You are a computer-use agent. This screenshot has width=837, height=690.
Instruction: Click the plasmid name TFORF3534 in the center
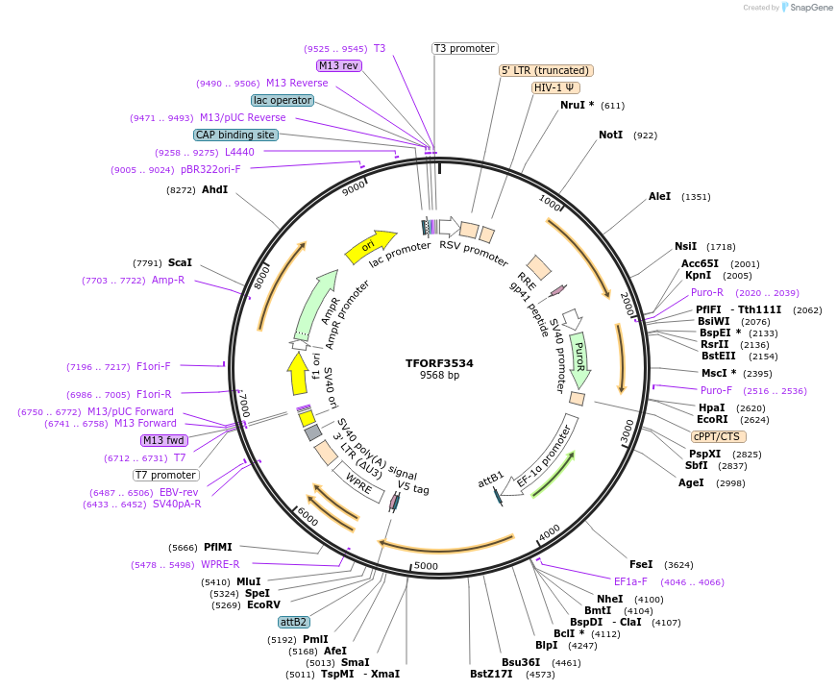439,363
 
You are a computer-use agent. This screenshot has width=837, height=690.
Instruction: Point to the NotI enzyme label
610,136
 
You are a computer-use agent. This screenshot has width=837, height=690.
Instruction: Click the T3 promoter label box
464,48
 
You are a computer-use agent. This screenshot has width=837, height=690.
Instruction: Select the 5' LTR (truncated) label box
546,70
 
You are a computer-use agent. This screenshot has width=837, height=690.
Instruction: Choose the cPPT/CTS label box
715,435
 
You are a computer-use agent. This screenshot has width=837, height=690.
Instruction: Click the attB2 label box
294,622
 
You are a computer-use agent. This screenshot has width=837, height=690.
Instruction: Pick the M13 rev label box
339,65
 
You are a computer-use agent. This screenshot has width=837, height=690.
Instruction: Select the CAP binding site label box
235,135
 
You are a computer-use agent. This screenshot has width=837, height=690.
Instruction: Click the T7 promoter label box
165,475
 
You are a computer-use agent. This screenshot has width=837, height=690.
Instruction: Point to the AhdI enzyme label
214,190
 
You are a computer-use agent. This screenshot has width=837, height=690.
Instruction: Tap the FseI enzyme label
640,564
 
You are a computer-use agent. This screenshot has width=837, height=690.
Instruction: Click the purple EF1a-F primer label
630,581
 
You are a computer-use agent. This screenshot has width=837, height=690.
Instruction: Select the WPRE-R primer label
220,564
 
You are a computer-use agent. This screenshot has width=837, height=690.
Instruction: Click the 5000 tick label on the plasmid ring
426,566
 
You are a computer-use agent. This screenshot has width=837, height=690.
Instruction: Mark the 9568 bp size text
439,376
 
